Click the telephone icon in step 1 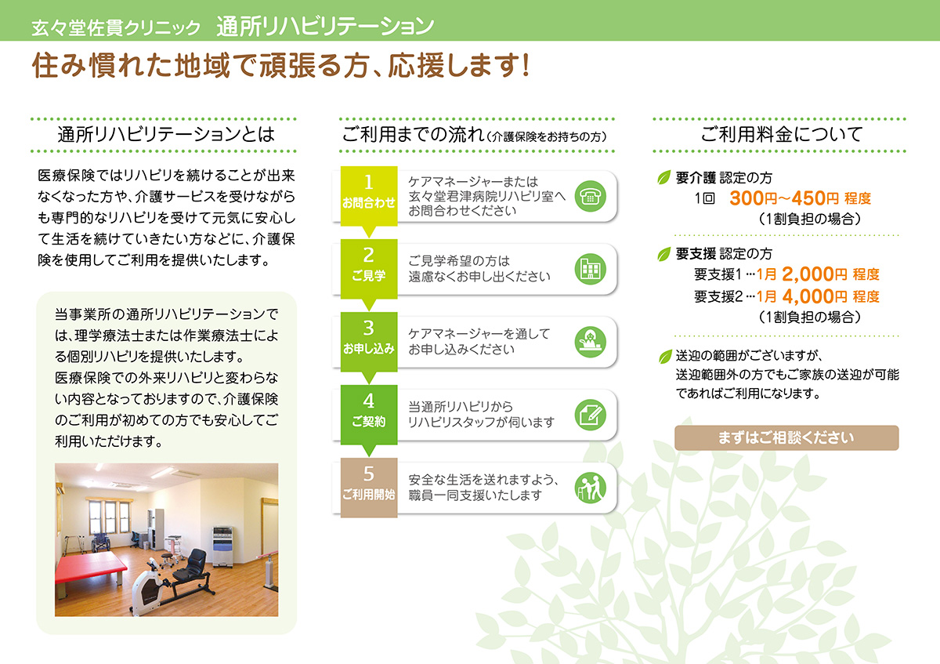(590, 196)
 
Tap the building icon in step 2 (590, 269)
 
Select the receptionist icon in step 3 (590, 343)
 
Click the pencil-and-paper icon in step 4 (590, 415)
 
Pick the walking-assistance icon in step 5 (590, 488)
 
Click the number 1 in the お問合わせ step (368, 183)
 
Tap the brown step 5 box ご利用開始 (369, 488)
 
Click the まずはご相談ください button (786, 438)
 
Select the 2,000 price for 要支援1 (808, 274)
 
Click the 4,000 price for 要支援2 (808, 296)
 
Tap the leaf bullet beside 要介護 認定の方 (664, 177)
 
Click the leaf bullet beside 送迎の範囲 (666, 357)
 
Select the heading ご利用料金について (782, 134)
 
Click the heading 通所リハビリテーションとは (166, 134)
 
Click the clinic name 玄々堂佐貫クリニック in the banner (116, 27)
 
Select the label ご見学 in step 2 (368, 275)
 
